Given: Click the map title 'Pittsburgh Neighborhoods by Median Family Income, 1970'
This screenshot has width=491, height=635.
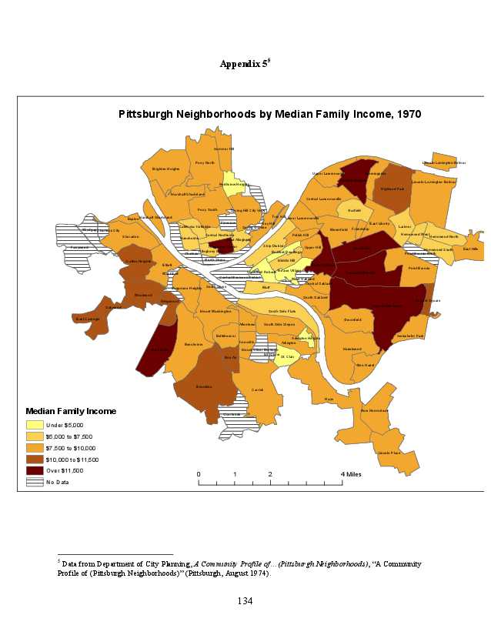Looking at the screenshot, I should tap(270, 113).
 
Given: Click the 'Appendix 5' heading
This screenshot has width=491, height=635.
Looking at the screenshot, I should tap(244, 64).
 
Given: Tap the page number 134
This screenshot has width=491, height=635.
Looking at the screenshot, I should tap(245, 600).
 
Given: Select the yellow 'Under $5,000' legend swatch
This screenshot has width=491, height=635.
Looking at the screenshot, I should tap(35, 425).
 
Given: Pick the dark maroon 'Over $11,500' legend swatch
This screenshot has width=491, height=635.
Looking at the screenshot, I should tap(35, 470).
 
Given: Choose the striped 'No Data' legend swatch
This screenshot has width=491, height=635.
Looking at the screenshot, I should tap(35, 482).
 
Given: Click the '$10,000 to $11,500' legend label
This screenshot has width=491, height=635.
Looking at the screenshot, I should tap(72, 459).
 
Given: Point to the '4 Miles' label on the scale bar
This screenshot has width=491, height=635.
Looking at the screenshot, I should tap(349, 474).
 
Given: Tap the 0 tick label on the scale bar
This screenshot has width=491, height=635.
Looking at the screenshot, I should tap(199, 474).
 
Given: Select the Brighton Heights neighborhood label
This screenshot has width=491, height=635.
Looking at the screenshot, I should tap(165, 169).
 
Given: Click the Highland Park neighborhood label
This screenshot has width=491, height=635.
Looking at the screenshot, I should tap(392, 189).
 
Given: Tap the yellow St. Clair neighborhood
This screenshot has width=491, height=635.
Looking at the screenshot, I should tap(287, 356).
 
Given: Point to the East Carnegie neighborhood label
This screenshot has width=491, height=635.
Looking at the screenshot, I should tap(87, 319).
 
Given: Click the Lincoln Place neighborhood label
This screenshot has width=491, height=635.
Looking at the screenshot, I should tap(389, 453).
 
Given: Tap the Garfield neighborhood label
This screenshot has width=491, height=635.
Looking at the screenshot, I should tap(354, 209).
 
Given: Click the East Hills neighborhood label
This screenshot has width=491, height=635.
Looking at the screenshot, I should tap(469, 249).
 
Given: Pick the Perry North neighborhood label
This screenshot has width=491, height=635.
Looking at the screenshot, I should tap(205, 162).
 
